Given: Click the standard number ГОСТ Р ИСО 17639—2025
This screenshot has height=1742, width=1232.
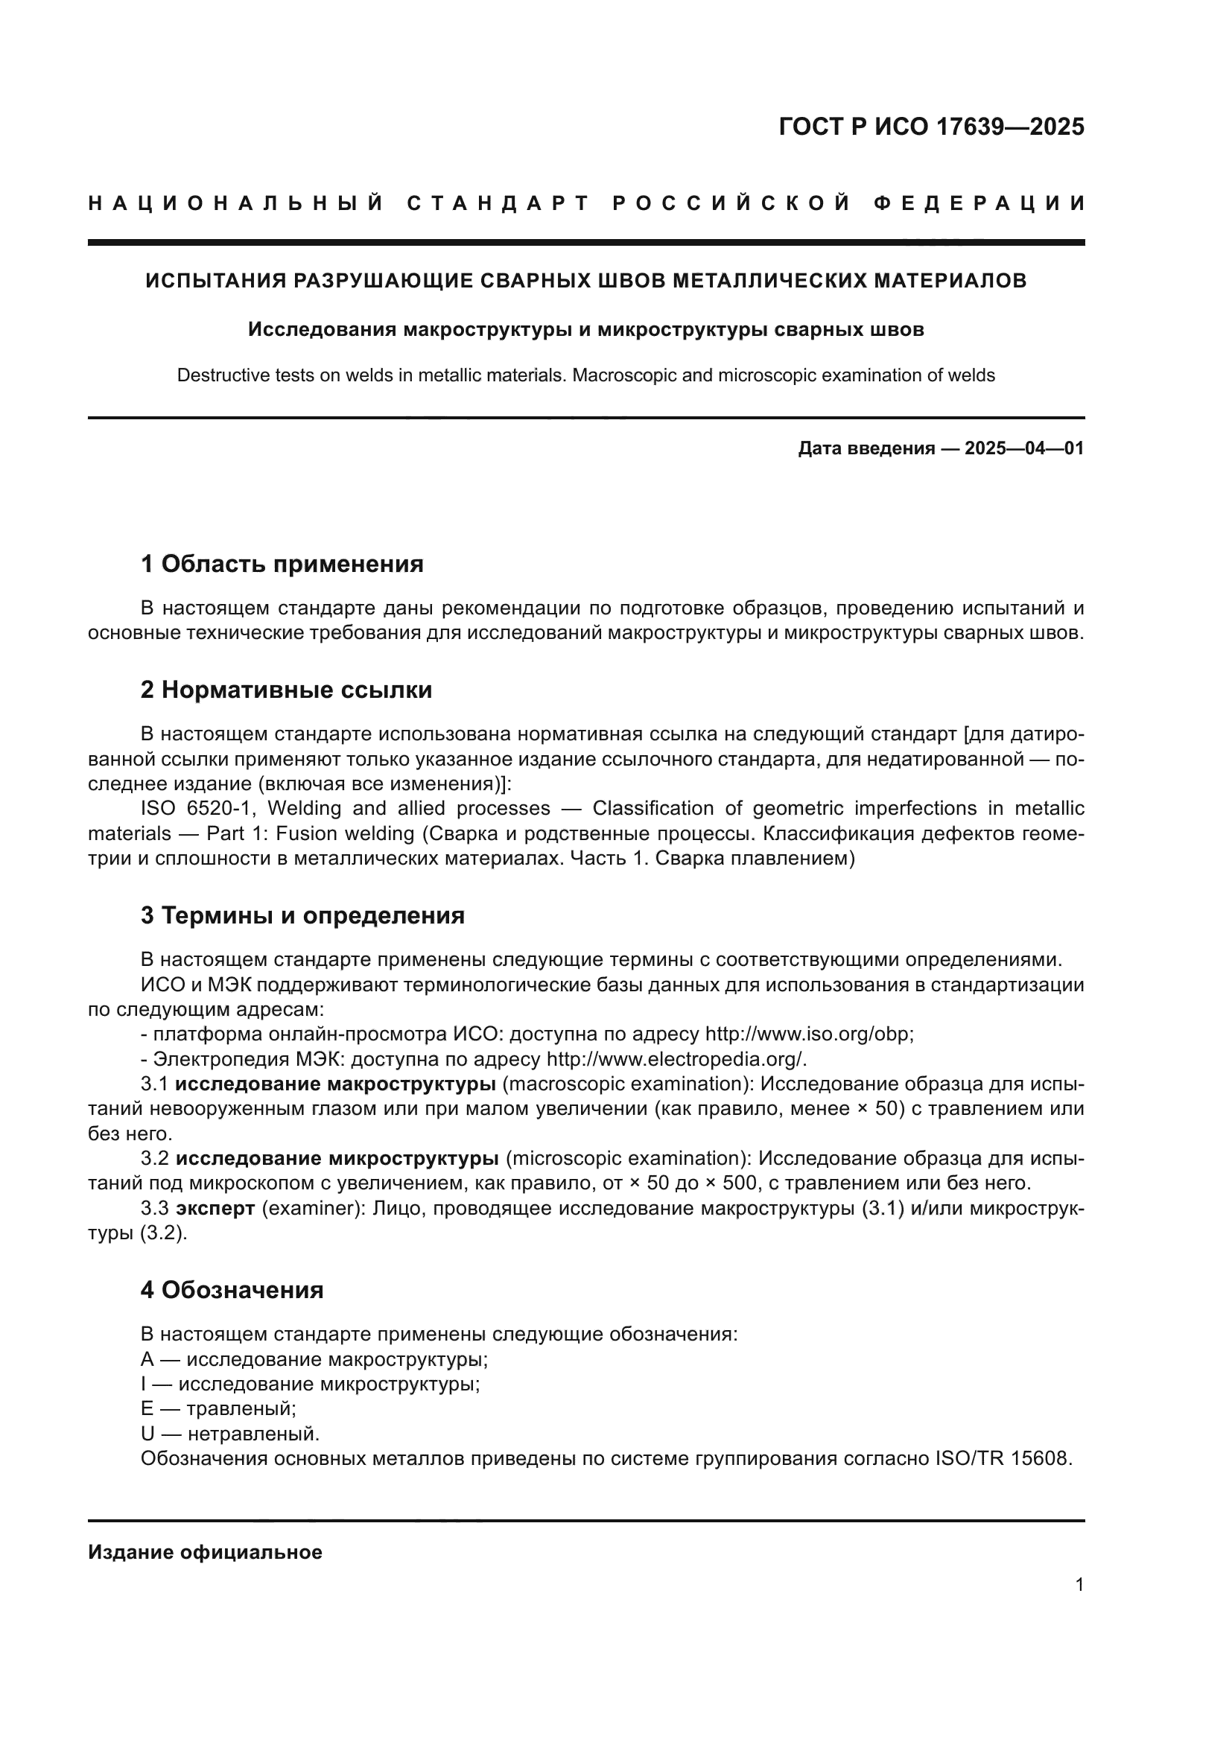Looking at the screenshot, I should [931, 127].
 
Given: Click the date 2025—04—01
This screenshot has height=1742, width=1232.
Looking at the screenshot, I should [1023, 448].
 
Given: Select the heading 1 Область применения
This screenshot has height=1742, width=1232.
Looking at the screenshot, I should [282, 564].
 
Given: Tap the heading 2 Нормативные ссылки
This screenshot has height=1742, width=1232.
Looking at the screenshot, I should [286, 690].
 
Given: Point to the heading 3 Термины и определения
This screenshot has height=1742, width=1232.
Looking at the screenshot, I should [302, 916].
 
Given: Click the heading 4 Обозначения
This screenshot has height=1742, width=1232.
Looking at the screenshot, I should [232, 1290].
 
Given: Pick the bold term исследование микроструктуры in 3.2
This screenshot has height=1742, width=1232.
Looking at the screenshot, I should [337, 1159].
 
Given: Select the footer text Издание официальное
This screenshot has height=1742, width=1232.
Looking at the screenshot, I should [205, 1552].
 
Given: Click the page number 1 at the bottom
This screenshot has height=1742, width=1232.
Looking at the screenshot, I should [1079, 1584].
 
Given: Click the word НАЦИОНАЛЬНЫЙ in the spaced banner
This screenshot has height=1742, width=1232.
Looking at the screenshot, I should [236, 203].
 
